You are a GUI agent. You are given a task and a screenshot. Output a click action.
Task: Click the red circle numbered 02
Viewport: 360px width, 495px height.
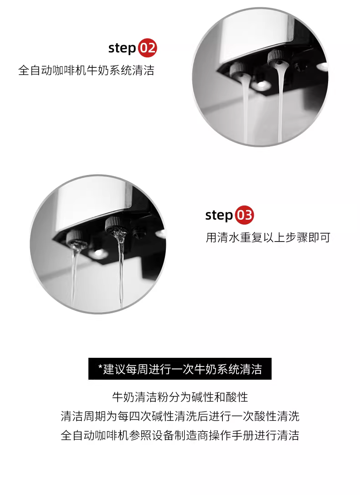pos(147,48)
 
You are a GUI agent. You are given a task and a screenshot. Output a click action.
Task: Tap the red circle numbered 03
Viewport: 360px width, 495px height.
pos(244,215)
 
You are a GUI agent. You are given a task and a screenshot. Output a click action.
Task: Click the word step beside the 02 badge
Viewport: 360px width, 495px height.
pos(122,48)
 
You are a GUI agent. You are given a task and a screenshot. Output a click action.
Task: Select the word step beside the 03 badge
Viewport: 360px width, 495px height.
pos(219,215)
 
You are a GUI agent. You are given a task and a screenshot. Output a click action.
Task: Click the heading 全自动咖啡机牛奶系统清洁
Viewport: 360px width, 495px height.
pos(86,70)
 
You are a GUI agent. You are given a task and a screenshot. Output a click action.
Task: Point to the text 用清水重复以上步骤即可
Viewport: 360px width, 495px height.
pos(268,237)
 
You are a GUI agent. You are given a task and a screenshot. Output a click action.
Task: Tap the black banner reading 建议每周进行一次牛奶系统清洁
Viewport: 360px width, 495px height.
pos(180,369)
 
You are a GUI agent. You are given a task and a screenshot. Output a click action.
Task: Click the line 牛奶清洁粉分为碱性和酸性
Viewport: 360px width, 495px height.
pos(180,397)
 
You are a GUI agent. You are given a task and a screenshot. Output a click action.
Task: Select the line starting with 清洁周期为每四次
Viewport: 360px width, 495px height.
pos(180,416)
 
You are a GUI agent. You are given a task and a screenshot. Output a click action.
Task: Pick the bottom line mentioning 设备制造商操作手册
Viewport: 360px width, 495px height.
pos(180,435)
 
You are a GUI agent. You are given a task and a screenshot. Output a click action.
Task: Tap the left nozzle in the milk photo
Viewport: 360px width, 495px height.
pos(238,70)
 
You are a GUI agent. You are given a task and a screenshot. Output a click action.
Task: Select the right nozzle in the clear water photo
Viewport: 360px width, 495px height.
pos(114,225)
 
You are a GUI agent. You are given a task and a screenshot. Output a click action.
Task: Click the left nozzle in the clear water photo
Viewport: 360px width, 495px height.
pos(75,238)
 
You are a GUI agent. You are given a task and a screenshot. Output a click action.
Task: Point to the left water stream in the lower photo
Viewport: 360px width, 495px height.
pos(74,275)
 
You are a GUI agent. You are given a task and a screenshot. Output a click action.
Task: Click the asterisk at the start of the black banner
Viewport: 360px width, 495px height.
pos(100,367)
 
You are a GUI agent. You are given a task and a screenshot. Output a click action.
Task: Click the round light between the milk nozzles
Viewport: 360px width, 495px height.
pos(260,84)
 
